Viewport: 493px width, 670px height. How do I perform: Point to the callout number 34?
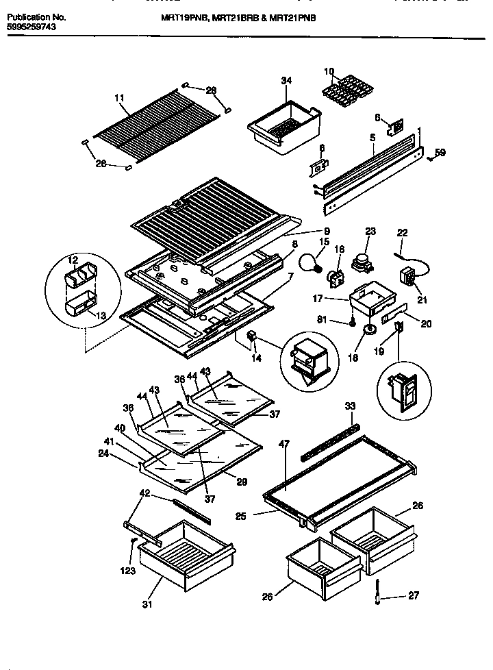pyautogui.click(x=286, y=81)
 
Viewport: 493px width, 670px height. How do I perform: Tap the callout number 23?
pyautogui.click(x=371, y=232)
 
